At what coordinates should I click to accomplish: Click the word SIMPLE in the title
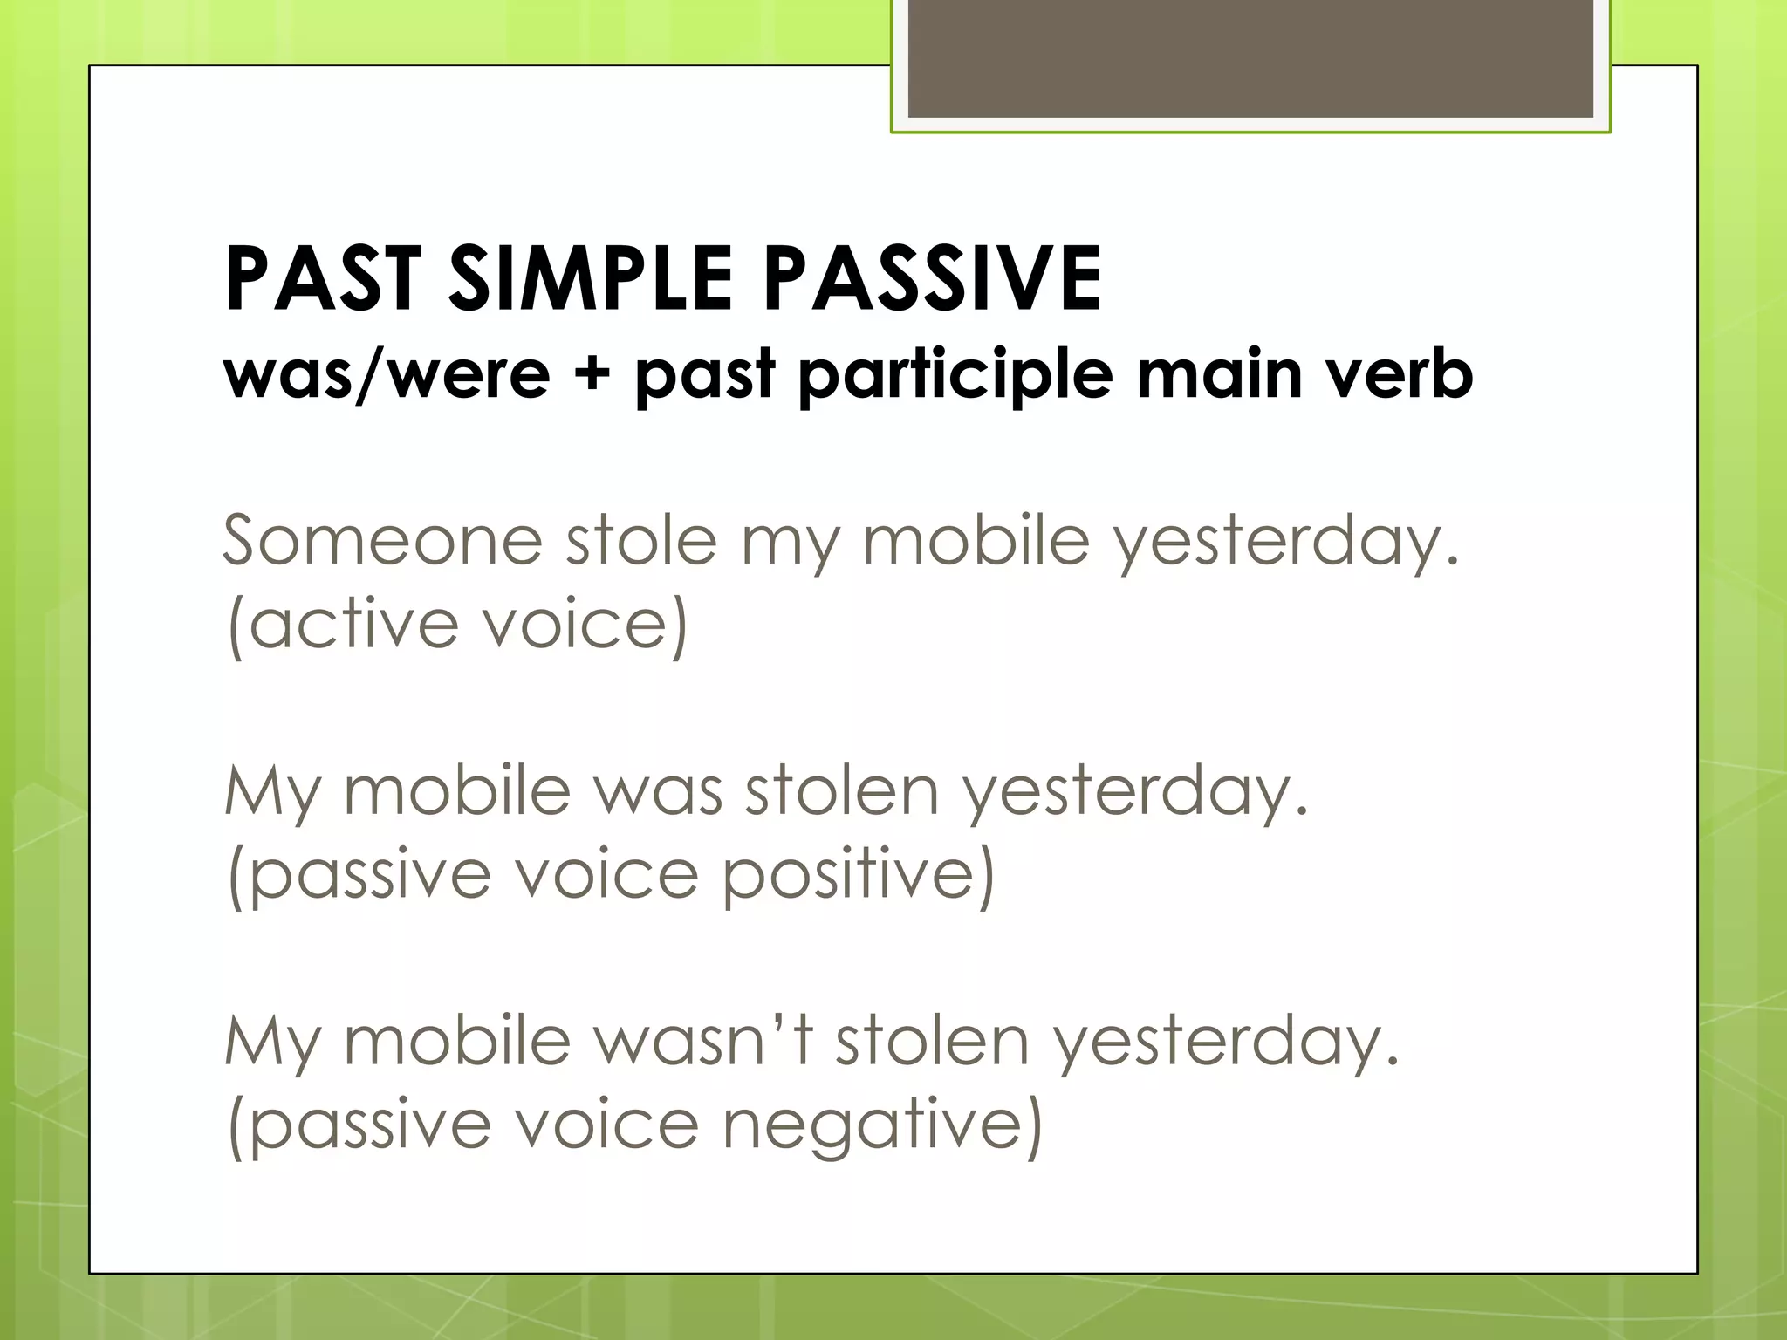pos(590,279)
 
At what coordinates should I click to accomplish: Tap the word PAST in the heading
pos(323,279)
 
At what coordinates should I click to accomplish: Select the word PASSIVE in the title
pos(933,279)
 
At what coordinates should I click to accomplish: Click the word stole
pos(641,541)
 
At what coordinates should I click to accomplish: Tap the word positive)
pos(859,874)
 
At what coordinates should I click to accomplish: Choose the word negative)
pos(882,1125)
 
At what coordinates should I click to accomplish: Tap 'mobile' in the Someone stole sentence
pos(976,541)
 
